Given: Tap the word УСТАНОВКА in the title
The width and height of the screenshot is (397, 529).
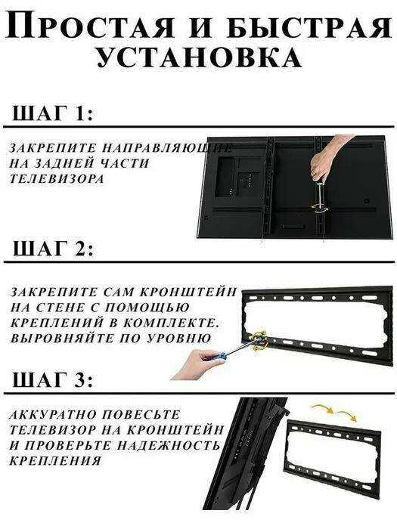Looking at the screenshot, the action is click(x=199, y=57).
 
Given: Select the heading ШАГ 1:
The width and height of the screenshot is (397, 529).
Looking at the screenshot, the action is click(x=52, y=113).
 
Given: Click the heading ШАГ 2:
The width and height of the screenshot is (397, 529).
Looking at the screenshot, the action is click(x=53, y=249).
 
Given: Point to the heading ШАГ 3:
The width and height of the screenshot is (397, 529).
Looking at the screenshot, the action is click(x=52, y=380).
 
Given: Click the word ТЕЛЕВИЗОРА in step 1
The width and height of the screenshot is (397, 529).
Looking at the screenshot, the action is click(x=57, y=179).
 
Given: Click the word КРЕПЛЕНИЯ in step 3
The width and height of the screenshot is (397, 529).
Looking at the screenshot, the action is click(x=55, y=461).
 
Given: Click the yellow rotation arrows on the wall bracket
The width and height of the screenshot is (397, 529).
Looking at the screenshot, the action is click(x=259, y=340).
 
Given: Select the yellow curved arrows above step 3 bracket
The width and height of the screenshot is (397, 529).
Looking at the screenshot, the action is click(x=334, y=413).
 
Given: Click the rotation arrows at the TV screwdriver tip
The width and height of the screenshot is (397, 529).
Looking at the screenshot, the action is click(x=320, y=208).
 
